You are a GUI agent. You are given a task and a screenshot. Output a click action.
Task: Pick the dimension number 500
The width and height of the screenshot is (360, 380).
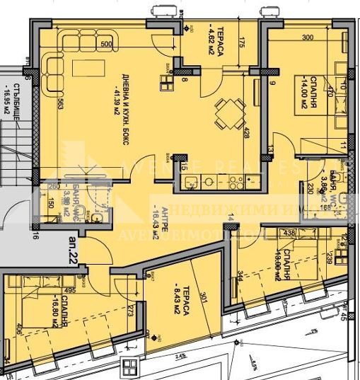coord(106,45)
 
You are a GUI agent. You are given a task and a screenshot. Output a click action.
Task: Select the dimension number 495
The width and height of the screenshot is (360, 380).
coord(70,289)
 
